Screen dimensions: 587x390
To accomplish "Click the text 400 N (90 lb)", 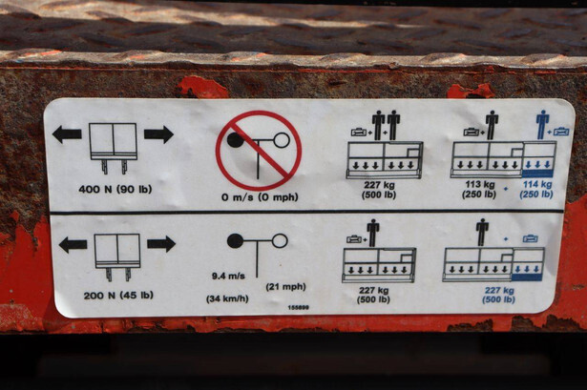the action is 115,189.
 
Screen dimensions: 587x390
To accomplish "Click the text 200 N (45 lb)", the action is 118,296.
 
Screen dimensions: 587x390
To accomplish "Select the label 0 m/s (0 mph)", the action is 260,197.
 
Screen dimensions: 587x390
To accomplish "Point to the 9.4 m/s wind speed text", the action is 228,276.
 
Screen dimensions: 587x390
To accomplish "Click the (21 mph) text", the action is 285,287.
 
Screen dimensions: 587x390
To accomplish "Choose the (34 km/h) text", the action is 227,299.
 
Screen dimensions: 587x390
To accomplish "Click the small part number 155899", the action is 299,307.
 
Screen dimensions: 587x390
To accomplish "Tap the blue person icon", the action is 542,125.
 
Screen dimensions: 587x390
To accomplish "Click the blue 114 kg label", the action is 537,184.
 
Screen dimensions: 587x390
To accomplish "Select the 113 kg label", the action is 480,184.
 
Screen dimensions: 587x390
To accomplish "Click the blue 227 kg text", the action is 499,290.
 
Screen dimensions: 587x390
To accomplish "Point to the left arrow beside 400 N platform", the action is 67,134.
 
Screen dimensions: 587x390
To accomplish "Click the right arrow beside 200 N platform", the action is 161,244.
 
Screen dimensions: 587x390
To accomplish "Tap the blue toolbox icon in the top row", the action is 561,132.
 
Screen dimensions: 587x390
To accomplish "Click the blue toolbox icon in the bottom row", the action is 531,238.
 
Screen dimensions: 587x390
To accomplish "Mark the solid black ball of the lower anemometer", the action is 235,241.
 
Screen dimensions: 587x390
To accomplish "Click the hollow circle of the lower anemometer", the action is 280,240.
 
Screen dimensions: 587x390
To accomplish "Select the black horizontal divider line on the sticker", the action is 306,212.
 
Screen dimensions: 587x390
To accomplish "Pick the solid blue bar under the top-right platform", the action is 537,174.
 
